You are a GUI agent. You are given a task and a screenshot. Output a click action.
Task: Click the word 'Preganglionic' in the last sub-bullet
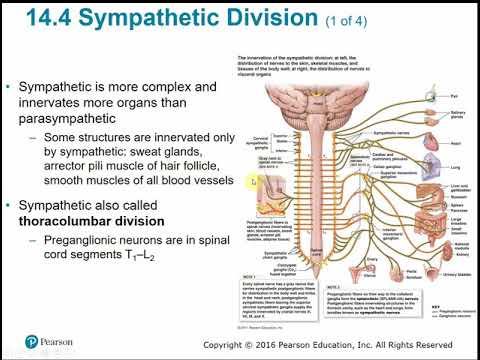(84, 241)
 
